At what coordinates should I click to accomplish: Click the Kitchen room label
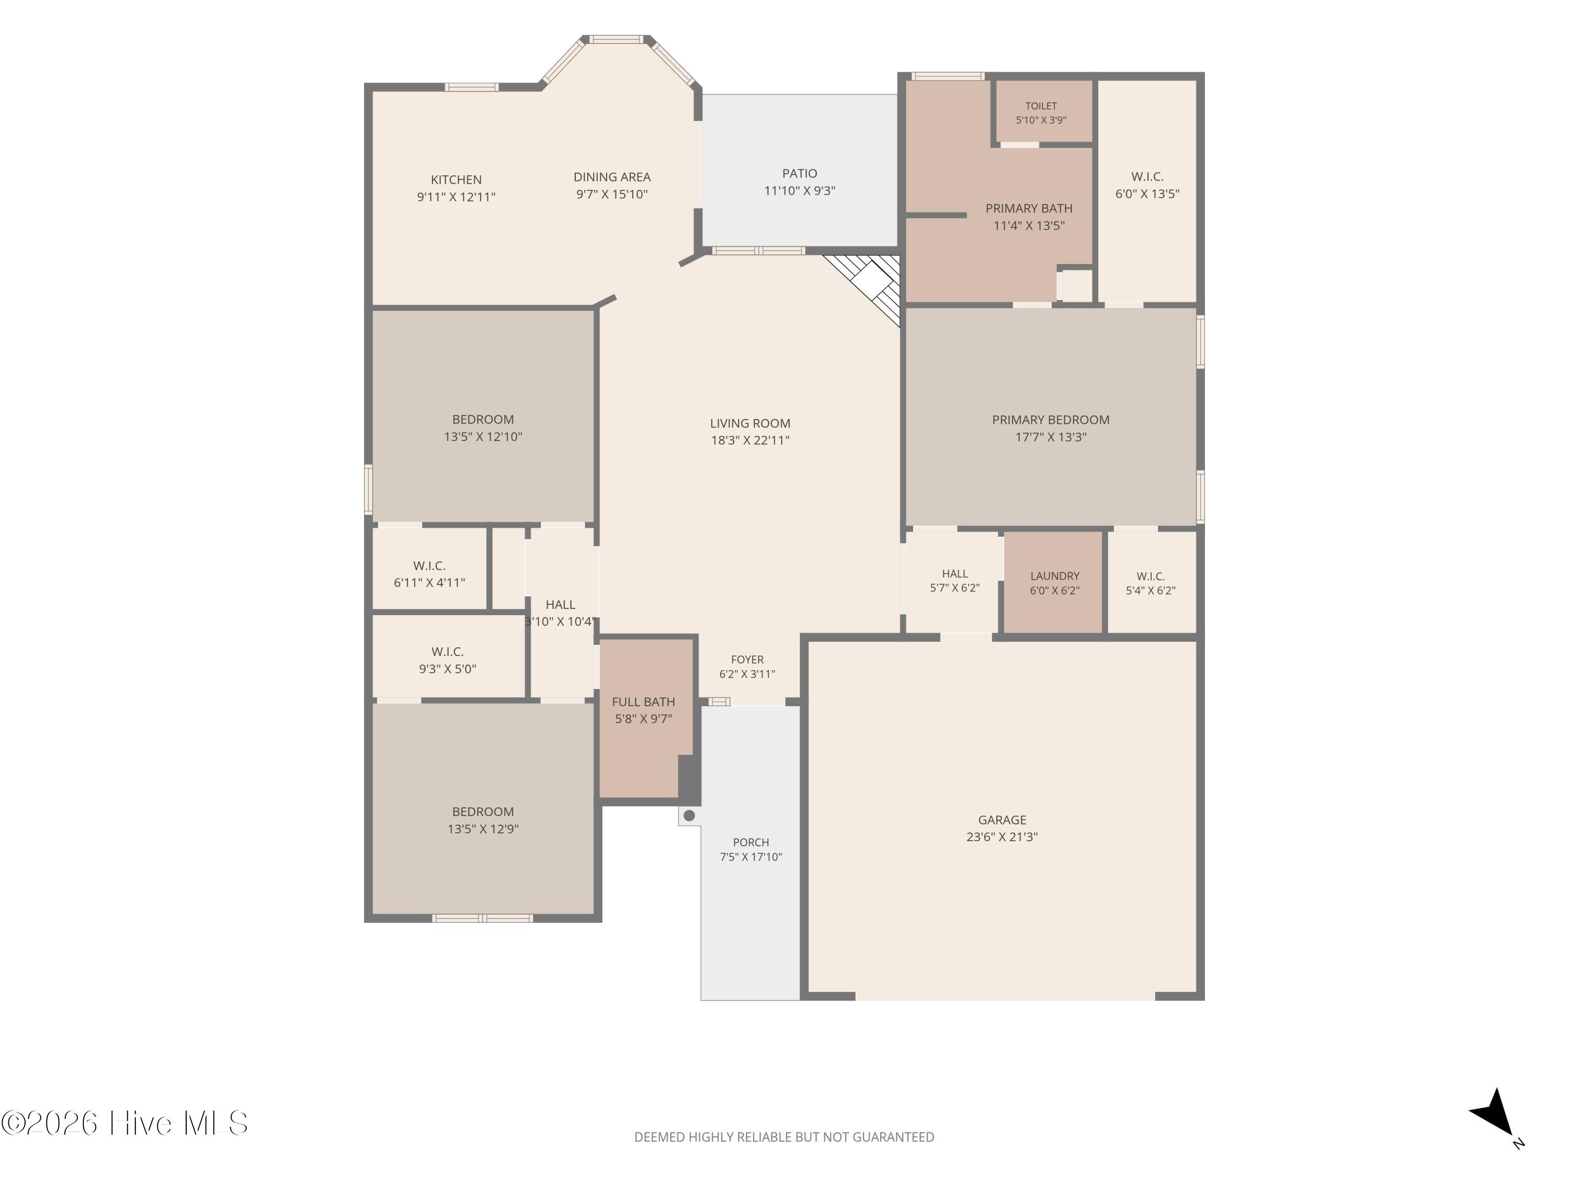pyautogui.click(x=456, y=180)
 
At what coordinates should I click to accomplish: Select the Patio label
pyautogui.click(x=799, y=174)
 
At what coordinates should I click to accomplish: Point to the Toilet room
pyautogui.click(x=1041, y=112)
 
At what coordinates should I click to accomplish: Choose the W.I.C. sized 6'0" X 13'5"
pyautogui.click(x=1147, y=191)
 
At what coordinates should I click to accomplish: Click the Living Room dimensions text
pyautogui.click(x=750, y=440)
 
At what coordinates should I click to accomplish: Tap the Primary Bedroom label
pyautogui.click(x=1051, y=420)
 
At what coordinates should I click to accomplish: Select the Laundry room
pyautogui.click(x=1054, y=582)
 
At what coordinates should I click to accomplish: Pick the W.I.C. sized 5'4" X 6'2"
pyautogui.click(x=1151, y=582)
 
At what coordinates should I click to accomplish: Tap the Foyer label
pyautogui.click(x=747, y=660)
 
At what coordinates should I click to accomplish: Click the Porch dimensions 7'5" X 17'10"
pyautogui.click(x=751, y=857)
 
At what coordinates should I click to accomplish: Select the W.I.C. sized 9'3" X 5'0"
pyautogui.click(x=448, y=657)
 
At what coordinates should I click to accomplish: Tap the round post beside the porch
pyautogui.click(x=689, y=816)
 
